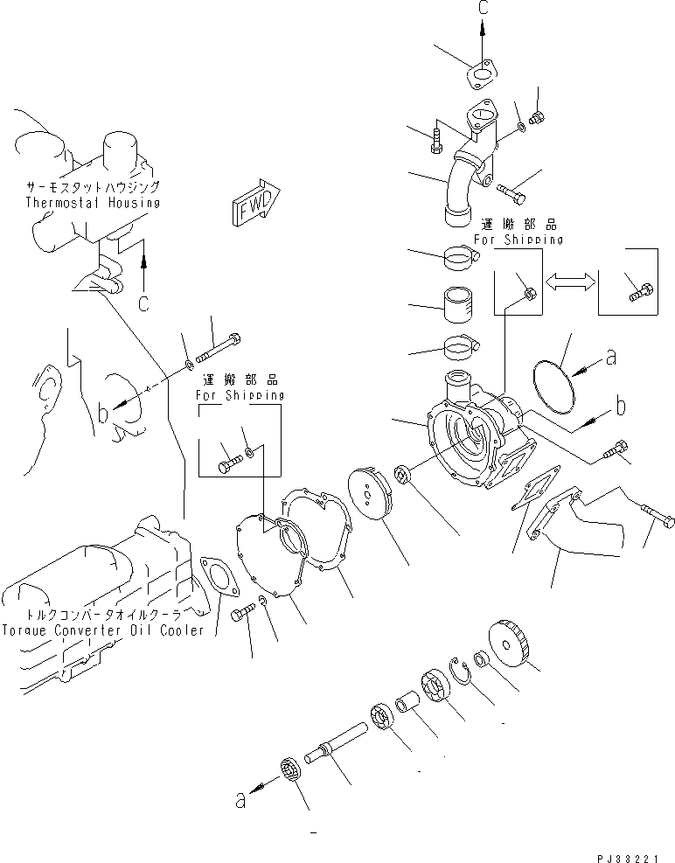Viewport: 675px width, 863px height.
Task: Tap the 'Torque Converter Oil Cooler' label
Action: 102,630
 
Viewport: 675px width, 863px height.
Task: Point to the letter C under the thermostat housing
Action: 143,303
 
